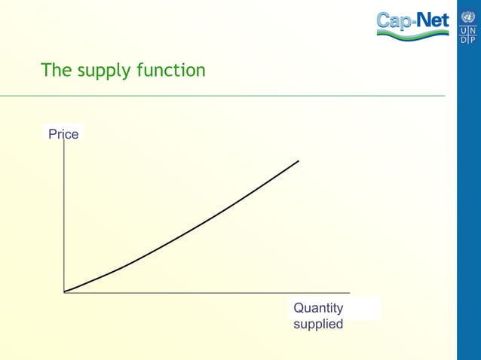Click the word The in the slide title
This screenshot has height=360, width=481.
click(x=54, y=71)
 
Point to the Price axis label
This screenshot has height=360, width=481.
click(x=63, y=134)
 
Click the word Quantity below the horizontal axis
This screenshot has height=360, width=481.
click(x=318, y=308)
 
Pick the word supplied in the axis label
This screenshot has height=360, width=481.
click(x=318, y=324)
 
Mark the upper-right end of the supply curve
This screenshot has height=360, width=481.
click(x=299, y=160)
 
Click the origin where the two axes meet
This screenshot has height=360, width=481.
click(x=64, y=292)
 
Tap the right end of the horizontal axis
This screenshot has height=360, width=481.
click(x=350, y=292)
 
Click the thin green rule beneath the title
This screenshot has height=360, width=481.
click(x=226, y=96)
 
